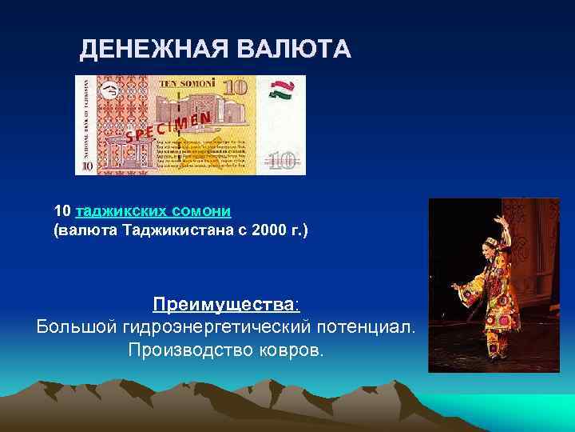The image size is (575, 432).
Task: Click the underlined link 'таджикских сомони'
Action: tap(153, 211)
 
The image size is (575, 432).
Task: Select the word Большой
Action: tap(76, 327)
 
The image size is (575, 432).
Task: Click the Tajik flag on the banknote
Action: tap(281, 89)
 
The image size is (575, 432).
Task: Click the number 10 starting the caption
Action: tap(62, 211)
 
